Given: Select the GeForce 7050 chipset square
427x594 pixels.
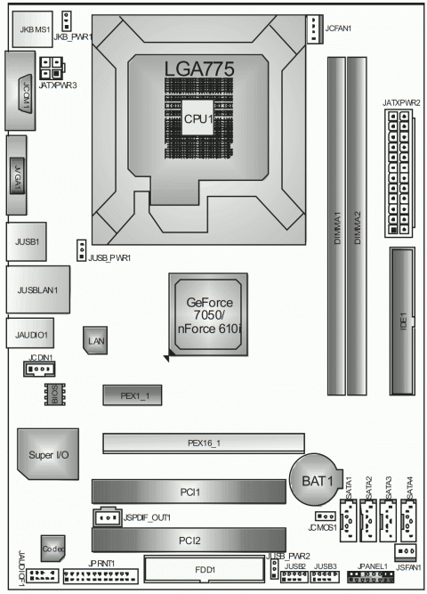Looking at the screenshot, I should click(207, 317).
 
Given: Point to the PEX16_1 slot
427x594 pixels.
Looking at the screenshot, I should click(203, 443).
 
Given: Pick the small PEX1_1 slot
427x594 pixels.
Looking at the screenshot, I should click(130, 393).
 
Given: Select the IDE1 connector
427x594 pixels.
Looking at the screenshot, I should click(401, 321).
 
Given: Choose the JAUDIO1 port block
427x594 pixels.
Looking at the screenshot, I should click(30, 335).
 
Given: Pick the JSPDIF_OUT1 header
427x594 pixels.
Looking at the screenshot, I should click(108, 517).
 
